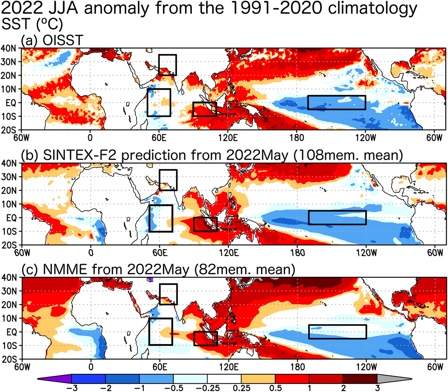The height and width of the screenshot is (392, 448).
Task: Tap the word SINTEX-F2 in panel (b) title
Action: click(80, 155)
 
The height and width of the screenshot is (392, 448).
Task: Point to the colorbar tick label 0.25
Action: click(241, 388)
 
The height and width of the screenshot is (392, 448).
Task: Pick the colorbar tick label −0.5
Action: click(173, 388)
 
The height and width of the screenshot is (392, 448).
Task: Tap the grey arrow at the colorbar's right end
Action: click(394, 379)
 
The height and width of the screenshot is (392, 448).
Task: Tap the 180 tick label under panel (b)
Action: click(298, 253)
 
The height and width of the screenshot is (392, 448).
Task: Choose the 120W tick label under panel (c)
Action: click(366, 367)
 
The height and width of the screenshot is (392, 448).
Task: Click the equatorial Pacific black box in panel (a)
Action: click(337, 103)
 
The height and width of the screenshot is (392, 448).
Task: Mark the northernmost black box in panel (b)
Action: click(168, 180)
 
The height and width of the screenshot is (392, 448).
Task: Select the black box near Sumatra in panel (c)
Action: click(205, 339)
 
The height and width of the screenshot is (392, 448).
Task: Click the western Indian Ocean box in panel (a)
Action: click(159, 102)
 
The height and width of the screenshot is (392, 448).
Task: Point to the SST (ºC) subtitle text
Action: click(32, 24)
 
